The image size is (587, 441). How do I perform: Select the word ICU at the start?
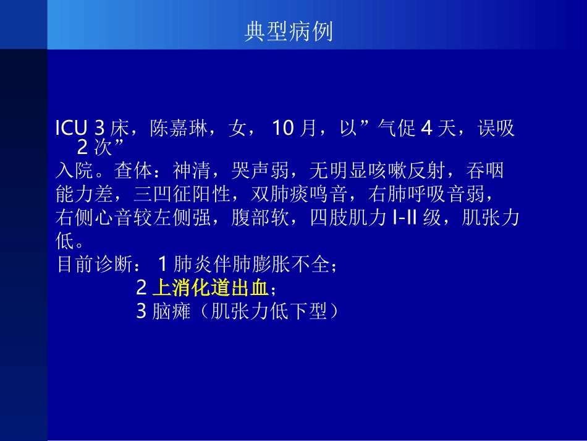72,129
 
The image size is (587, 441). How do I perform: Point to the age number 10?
282,129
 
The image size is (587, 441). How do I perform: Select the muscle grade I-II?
405,218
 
